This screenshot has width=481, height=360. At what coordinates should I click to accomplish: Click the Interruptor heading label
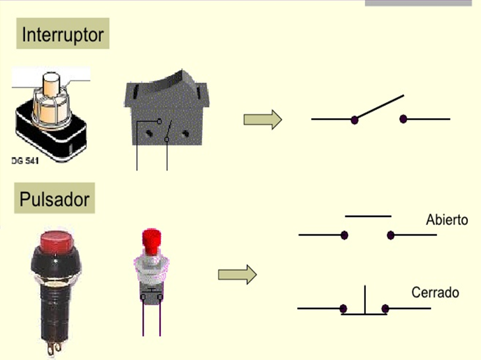[63, 34]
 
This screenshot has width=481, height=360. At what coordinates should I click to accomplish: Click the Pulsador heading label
[55, 198]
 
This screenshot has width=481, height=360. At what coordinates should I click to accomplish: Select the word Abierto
[447, 220]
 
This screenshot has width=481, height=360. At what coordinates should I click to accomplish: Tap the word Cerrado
[435, 292]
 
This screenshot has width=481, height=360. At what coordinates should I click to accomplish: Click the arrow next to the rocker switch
[262, 119]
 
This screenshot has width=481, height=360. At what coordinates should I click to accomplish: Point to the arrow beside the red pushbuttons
[237, 274]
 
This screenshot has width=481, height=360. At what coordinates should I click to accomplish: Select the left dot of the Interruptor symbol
[354, 120]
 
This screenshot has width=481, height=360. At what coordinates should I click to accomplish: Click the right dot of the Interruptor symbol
[403, 119]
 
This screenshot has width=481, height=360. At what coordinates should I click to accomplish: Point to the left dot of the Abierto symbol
[345, 235]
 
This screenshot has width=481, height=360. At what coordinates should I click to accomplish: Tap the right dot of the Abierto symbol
[391, 235]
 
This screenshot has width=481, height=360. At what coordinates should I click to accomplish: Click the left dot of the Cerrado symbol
[343, 308]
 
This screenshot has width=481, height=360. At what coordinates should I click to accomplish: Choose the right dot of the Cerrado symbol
[385, 308]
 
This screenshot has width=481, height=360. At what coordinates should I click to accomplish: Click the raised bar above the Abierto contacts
[368, 216]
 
